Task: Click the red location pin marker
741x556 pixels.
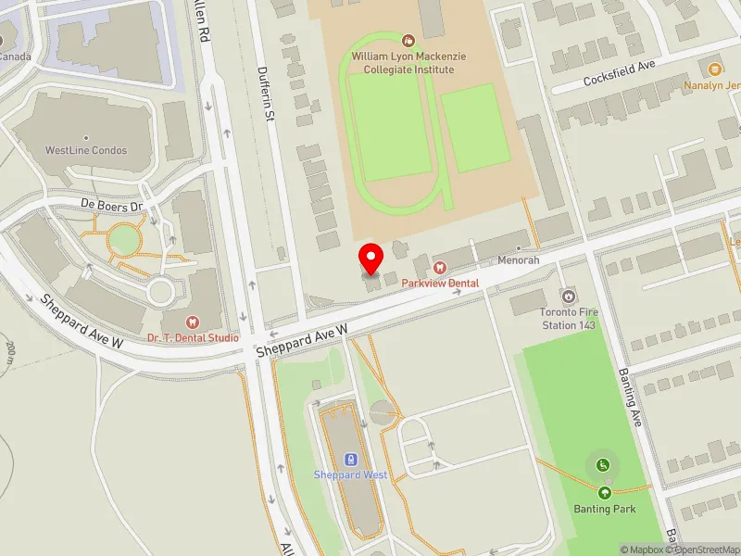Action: (371, 258)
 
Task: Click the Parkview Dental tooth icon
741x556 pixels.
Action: (440, 268)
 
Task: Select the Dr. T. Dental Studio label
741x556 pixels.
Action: (193, 338)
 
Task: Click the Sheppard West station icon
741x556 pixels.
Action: (350, 459)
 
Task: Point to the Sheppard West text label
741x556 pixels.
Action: (350, 475)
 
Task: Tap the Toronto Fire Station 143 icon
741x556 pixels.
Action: (569, 297)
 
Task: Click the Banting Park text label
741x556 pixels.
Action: (604, 509)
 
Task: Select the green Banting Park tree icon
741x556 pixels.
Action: (604, 493)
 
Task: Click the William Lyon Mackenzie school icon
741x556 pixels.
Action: (408, 40)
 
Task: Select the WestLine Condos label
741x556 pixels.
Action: (86, 150)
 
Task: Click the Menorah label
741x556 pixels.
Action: (518, 260)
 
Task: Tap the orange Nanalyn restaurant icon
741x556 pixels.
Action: (714, 69)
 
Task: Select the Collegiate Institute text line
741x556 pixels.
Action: (408, 69)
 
